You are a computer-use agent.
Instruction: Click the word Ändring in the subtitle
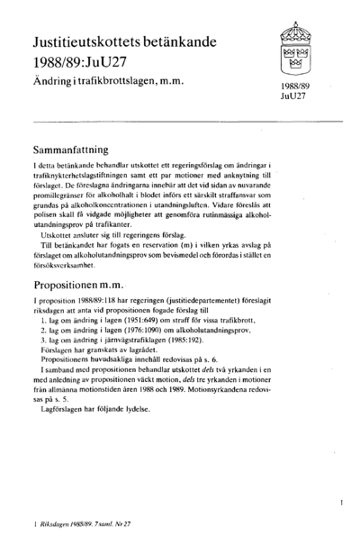pos(52,84)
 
